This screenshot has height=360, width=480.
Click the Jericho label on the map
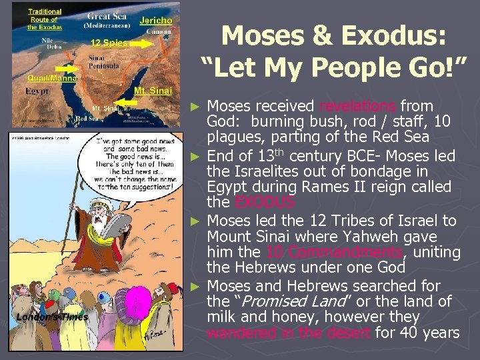coord(156,21)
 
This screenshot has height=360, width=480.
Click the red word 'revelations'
coord(358,106)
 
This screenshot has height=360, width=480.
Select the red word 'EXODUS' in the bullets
coord(257,202)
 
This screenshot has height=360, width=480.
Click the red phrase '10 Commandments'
coord(333,253)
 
